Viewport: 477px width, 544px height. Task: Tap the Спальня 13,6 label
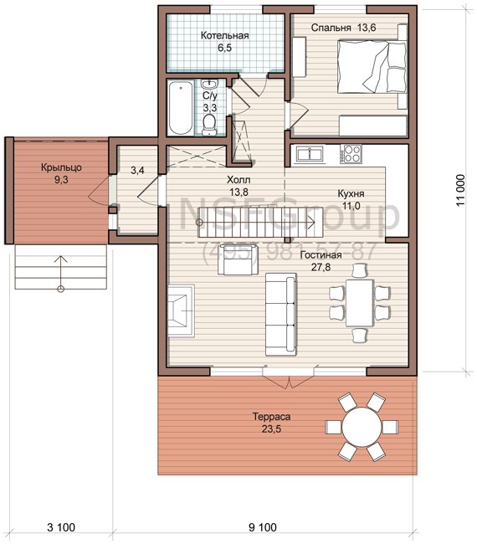343,28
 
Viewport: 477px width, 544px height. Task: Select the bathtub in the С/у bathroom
181,108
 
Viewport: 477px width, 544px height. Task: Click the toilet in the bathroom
209,125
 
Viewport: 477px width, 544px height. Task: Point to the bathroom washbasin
209,84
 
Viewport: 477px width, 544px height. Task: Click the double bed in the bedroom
372,67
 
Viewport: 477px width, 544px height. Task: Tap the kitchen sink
309,154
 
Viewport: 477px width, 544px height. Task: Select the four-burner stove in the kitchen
351,154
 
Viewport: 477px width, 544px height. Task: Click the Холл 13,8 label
238,186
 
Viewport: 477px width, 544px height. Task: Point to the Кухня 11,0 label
351,199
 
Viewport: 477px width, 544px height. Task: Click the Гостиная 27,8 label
321,260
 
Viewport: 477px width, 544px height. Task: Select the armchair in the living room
238,259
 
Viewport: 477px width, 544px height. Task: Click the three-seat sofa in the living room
280,314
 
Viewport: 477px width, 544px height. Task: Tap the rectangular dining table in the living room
360,302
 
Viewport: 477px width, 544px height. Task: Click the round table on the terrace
362,426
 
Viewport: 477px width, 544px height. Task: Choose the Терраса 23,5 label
271,423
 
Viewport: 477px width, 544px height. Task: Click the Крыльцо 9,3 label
61,173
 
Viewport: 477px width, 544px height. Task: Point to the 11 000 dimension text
460,190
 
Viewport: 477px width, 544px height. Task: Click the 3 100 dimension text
61,527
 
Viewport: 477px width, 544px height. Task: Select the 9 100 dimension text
263,527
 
